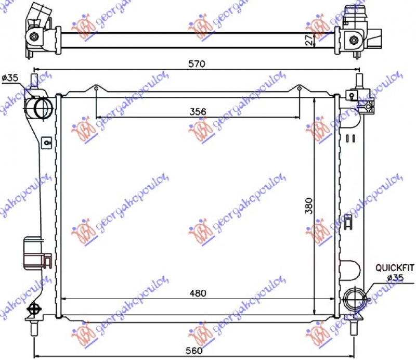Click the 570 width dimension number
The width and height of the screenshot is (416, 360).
point(197,64)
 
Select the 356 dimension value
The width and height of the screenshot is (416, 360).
point(198,111)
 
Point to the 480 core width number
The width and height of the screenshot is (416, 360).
point(198,293)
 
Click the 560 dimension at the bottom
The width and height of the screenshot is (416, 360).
point(193,351)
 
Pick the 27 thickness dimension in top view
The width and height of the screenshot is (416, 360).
point(309,41)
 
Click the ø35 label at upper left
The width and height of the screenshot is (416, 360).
point(10,78)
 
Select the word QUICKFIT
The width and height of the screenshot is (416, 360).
point(395,268)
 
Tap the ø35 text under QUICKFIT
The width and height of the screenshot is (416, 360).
point(395,277)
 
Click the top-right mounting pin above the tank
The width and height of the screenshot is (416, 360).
point(358,81)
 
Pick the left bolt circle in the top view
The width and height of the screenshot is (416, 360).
point(34,36)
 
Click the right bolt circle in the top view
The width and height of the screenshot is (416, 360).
point(354,40)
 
